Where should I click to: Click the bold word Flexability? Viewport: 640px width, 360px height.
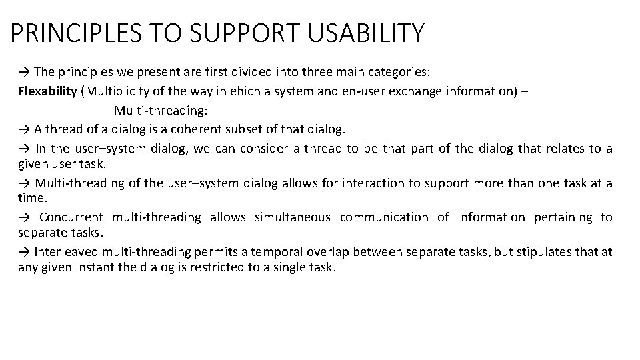coord(47,91)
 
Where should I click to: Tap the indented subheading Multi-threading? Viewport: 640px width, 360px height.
coord(156,110)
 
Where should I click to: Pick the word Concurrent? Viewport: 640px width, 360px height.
coord(71,217)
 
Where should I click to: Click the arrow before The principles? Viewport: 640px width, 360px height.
coord(24,72)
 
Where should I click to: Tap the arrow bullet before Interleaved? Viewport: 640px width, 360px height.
coord(24,251)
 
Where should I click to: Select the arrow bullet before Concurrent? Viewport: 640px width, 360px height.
coord(24,217)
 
